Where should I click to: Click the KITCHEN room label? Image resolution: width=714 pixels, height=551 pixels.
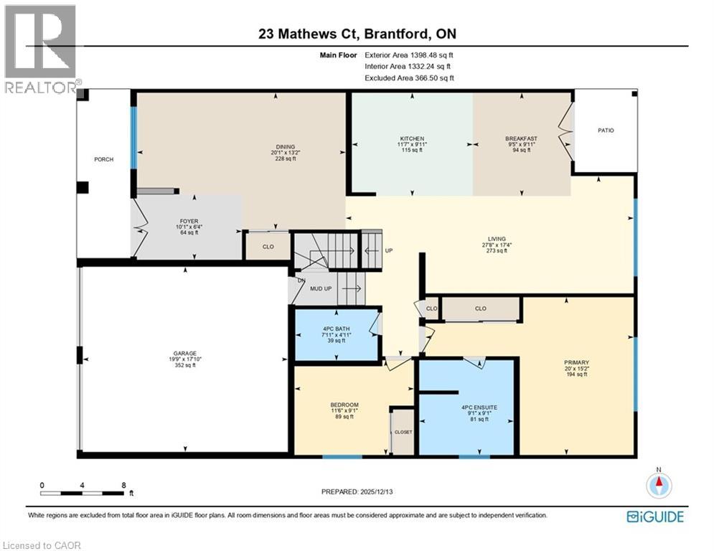pyautogui.click(x=412, y=138)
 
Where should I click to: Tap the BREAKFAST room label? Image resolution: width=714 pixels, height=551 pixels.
pyautogui.click(x=521, y=138)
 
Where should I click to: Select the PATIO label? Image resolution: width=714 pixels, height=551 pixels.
pyautogui.click(x=606, y=131)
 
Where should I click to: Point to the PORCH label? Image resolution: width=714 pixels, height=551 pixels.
pyautogui.click(x=103, y=159)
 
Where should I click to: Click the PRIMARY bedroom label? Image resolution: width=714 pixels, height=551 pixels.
pyautogui.click(x=576, y=363)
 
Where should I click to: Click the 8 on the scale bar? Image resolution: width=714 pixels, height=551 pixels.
pyautogui.click(x=123, y=485)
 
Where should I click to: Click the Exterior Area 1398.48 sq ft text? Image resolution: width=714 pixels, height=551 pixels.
pyautogui.click(x=409, y=55)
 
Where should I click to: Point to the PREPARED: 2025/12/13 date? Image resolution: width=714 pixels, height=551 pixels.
pyautogui.click(x=365, y=491)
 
